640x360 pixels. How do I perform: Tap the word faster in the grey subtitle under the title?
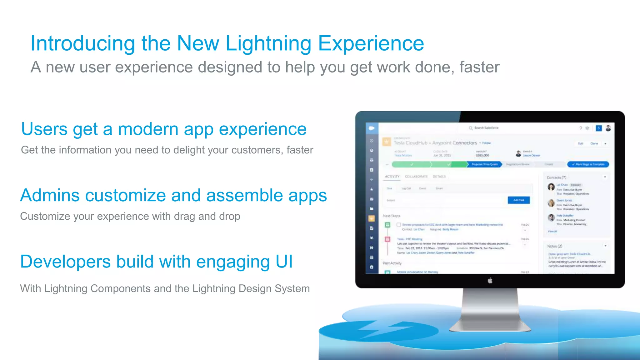(x=479, y=67)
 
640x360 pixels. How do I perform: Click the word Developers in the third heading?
(x=65, y=262)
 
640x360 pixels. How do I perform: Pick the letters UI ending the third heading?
(x=284, y=262)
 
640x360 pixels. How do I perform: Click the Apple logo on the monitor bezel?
(x=490, y=281)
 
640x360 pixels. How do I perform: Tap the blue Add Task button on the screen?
(x=519, y=200)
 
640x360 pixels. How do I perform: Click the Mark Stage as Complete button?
(x=588, y=164)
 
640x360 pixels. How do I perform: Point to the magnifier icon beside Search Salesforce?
(x=471, y=128)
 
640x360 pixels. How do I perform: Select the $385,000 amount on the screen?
(x=482, y=155)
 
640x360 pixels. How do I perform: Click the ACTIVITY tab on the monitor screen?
(x=392, y=177)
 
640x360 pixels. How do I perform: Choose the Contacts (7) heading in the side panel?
(x=556, y=177)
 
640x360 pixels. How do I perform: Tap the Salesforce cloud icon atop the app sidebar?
(x=372, y=128)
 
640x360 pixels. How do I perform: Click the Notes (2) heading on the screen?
(x=555, y=246)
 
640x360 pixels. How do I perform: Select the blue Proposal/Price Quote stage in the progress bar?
(x=484, y=164)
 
